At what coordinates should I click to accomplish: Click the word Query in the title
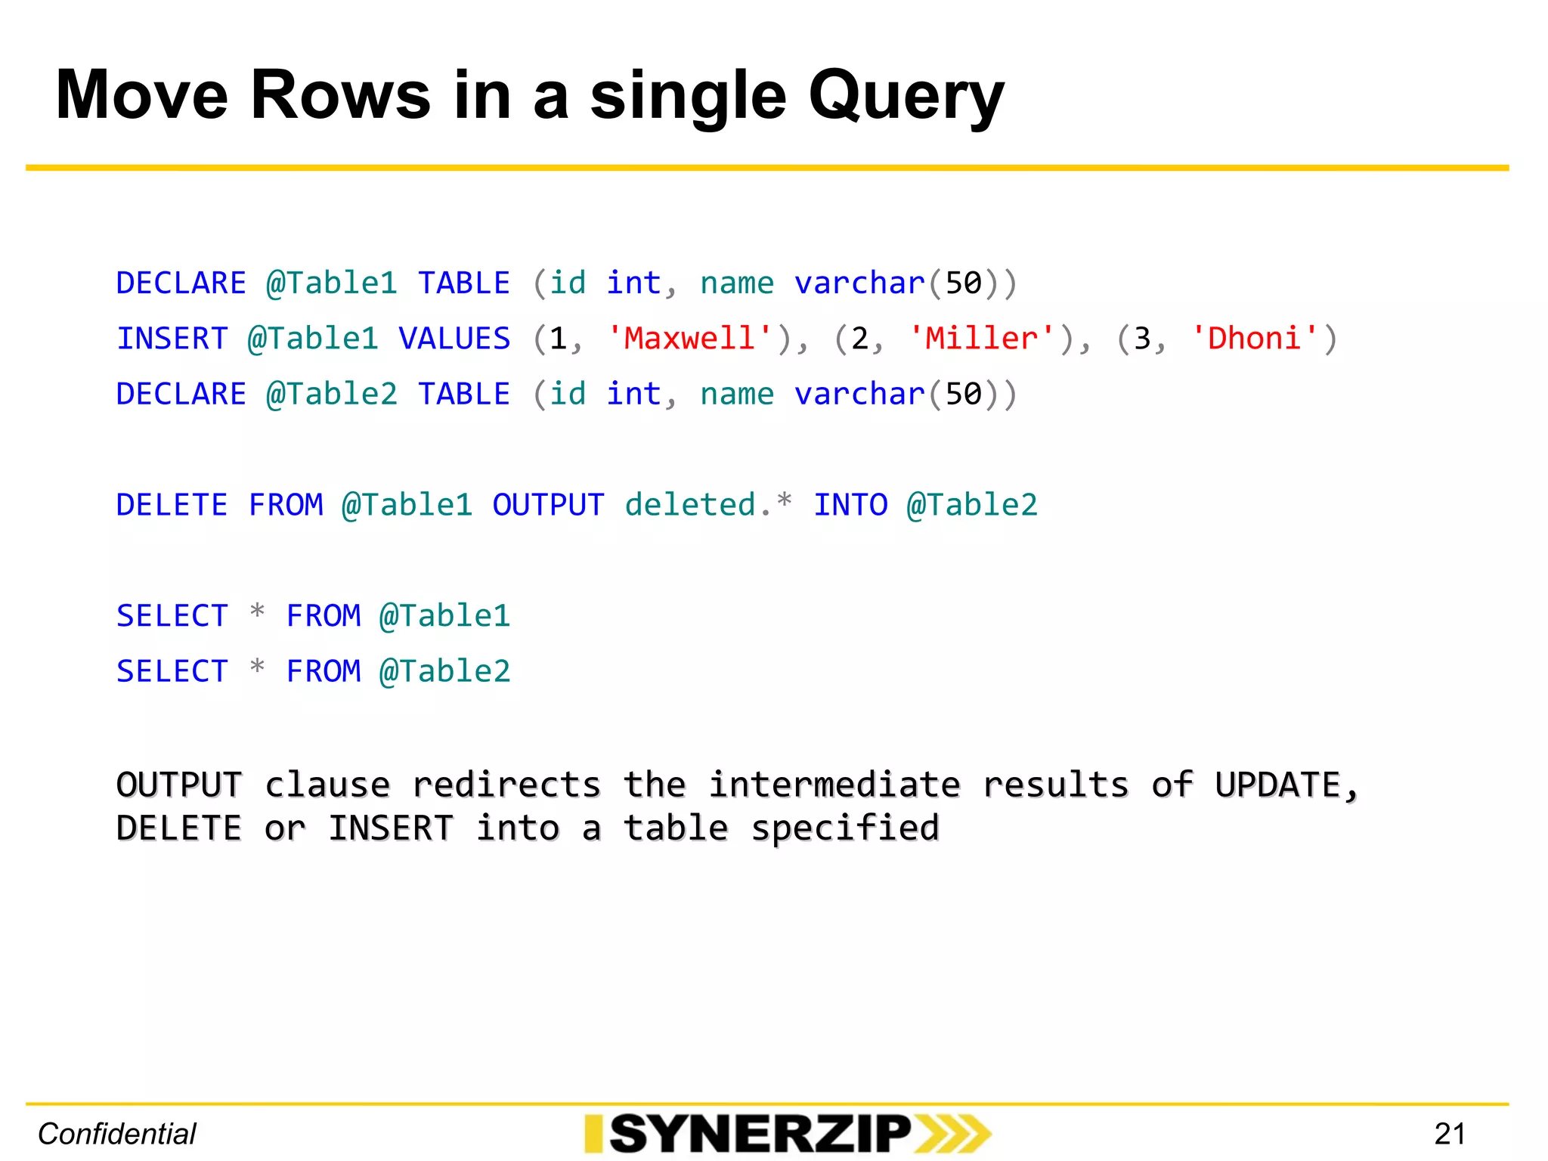point(906,97)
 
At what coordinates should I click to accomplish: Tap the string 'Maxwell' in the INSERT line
point(690,338)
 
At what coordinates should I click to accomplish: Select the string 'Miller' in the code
point(982,338)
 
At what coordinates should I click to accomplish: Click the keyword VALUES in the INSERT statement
point(454,338)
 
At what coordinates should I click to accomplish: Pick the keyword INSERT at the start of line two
point(172,338)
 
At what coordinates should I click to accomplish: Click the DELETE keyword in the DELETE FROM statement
point(172,505)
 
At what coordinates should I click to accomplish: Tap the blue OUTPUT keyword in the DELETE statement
point(548,505)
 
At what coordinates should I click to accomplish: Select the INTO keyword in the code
point(850,505)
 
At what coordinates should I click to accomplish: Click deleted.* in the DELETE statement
point(708,504)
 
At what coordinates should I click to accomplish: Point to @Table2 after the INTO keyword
point(972,505)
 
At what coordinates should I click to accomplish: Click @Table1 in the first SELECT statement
point(445,616)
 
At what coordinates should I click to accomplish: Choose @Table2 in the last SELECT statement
point(445,671)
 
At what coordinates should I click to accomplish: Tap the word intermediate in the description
point(834,785)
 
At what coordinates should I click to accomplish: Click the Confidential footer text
point(117,1134)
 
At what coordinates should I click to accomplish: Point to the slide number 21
point(1450,1134)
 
